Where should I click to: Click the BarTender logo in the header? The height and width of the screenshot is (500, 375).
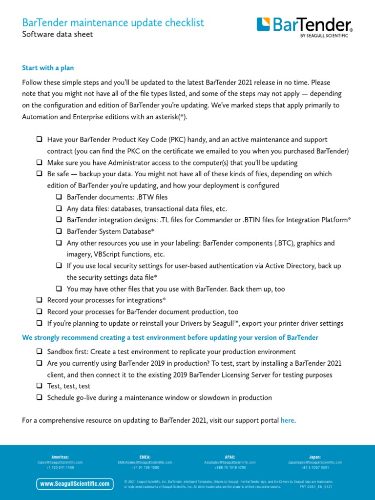[x=304, y=27]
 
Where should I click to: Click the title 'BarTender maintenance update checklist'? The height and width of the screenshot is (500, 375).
[x=113, y=22]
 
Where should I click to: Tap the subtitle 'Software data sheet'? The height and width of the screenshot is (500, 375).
[x=57, y=34]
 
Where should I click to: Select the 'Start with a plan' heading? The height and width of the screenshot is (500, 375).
[x=48, y=68]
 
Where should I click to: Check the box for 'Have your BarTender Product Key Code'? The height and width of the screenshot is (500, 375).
[x=39, y=140]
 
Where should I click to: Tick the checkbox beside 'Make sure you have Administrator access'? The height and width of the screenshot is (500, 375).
[x=39, y=163]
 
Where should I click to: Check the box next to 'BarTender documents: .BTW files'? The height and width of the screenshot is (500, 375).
[x=59, y=197]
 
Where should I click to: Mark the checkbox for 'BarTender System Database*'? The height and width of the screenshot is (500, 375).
[x=59, y=231]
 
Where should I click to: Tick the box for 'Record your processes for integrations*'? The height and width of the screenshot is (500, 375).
[x=39, y=300]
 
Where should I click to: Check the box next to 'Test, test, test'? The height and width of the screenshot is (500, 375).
[x=39, y=386]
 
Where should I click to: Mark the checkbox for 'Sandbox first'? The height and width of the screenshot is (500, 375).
[x=39, y=352]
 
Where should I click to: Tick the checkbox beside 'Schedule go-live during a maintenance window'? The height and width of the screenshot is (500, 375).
[x=39, y=397]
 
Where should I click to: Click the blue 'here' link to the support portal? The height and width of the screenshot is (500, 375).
[x=288, y=420]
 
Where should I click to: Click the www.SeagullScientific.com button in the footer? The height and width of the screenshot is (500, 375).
[x=75, y=484]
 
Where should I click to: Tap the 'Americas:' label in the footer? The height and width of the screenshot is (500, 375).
[x=60, y=457]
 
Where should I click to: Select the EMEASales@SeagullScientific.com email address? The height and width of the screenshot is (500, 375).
[x=145, y=462]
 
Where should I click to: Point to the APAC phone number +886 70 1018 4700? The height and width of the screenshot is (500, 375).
[x=229, y=467]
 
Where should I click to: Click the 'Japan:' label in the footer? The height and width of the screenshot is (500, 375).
[x=315, y=457]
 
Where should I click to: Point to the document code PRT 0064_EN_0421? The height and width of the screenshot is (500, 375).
[x=316, y=487]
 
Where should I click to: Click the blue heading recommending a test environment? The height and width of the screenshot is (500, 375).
[x=170, y=337]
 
